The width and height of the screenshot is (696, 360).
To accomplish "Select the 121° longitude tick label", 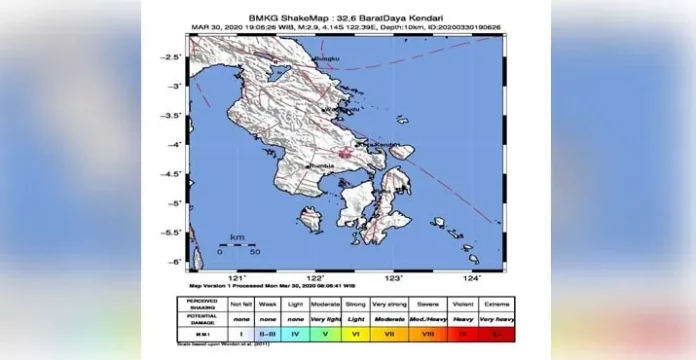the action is [x=238, y=278].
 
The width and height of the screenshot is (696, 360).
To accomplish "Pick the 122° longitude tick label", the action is [x=316, y=278].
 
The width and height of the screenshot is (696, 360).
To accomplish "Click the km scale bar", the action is [x=238, y=246].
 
